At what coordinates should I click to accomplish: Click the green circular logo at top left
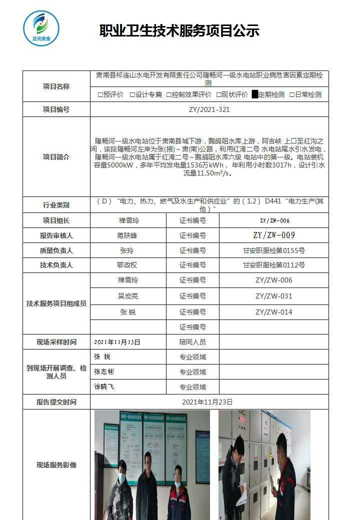(41, 28)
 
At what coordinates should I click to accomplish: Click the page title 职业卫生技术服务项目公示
(179, 31)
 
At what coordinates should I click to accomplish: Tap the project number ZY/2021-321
(209, 109)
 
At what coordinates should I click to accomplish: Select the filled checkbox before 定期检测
(255, 94)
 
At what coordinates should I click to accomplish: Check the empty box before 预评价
(100, 94)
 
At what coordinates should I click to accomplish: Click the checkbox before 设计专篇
(132, 94)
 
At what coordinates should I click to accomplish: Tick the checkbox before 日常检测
(292, 94)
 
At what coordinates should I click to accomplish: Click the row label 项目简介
(56, 157)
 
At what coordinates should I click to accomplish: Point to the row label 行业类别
(56, 205)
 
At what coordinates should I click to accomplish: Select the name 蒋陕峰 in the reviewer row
(127, 235)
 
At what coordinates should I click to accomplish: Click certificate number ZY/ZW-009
(273, 235)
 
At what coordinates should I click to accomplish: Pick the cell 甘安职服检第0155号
(273, 250)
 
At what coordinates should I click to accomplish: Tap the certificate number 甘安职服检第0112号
(273, 265)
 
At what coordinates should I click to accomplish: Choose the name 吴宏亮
(127, 296)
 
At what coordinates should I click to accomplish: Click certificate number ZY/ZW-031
(273, 296)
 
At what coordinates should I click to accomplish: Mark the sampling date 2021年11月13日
(117, 342)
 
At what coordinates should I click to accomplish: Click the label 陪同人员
(192, 342)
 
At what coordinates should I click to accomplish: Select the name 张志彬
(104, 372)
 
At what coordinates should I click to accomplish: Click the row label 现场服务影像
(56, 465)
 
